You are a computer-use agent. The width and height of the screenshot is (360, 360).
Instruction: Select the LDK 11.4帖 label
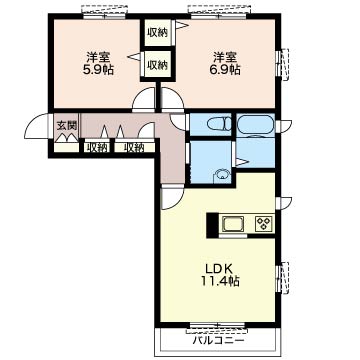220,275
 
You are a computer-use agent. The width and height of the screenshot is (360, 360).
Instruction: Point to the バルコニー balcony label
219,341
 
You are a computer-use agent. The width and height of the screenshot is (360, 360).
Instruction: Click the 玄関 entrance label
67,126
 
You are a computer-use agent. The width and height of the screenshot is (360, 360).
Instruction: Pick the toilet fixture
219,124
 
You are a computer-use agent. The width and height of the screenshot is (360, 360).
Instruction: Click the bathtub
256,124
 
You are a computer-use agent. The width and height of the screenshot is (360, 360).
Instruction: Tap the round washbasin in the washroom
221,175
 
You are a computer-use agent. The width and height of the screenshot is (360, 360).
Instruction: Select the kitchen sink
233,223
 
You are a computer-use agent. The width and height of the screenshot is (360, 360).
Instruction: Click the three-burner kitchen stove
264,223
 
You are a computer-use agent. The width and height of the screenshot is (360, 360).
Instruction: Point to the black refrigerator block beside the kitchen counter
212,225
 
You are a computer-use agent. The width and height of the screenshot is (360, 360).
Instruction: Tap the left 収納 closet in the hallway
96,147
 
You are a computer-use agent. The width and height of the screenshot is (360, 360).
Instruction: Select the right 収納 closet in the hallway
135,147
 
